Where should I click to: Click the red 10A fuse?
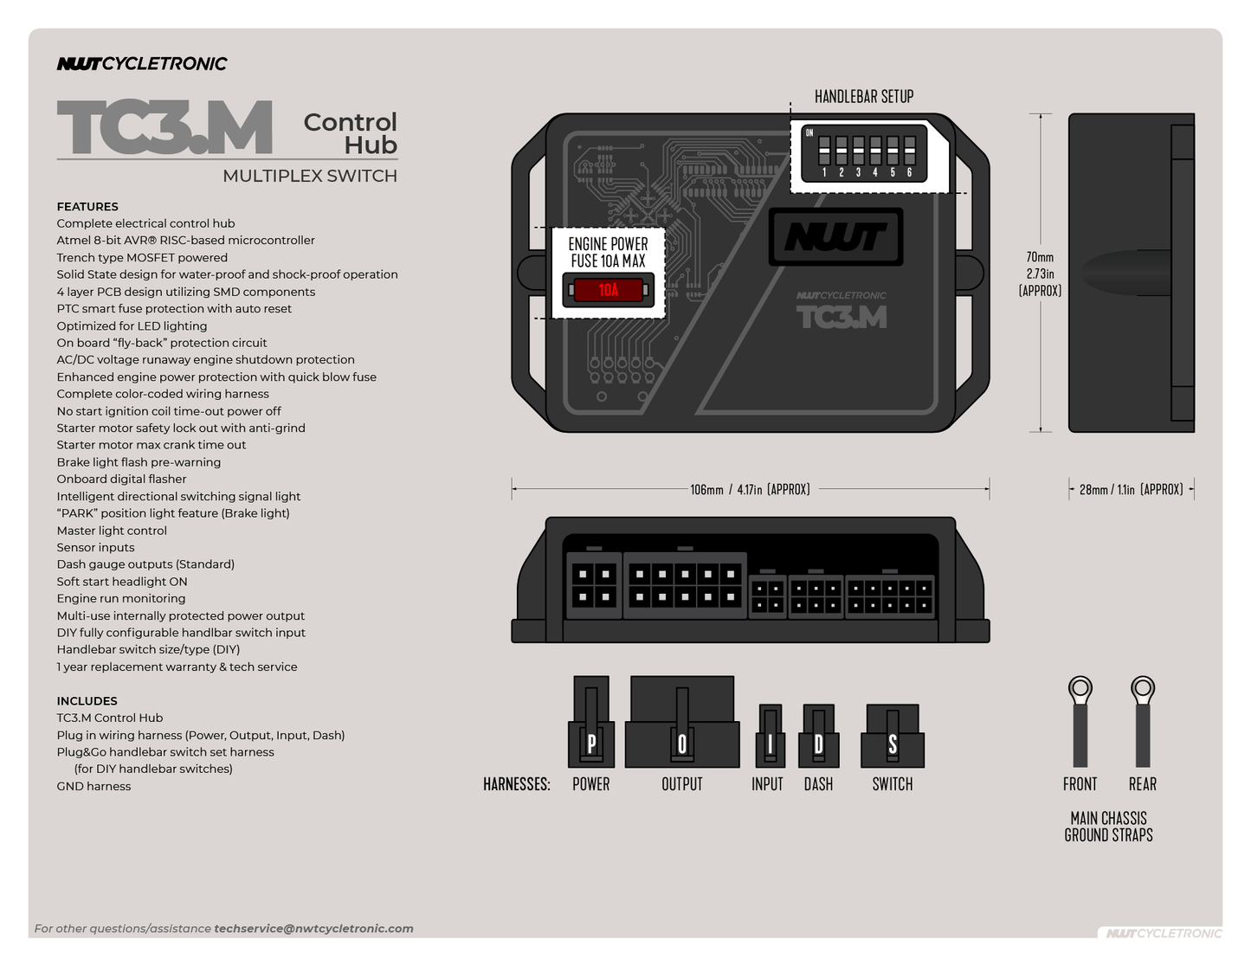pos(608,290)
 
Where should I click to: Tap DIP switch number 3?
pos(858,151)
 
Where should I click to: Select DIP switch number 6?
pos(909,151)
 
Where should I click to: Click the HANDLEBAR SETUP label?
pos(863,96)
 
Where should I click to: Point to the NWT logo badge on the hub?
pos(835,236)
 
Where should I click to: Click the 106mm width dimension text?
pos(750,489)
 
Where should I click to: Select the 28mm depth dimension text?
pos(1131,489)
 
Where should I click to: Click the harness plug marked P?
pos(591,724)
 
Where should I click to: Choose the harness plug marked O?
pos(682,724)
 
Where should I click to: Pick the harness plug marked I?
pos(770,737)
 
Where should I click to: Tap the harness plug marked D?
pos(819,737)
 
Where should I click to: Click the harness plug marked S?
pos(893,737)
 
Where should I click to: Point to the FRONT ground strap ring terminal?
pos(1080,691)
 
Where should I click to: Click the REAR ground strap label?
pos(1142,784)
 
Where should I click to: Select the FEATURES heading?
pos(87,207)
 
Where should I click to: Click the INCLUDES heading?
pos(87,701)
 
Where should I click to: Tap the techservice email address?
pos(313,929)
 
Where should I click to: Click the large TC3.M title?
pos(164,128)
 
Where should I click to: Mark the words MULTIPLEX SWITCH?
pos(309,176)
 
